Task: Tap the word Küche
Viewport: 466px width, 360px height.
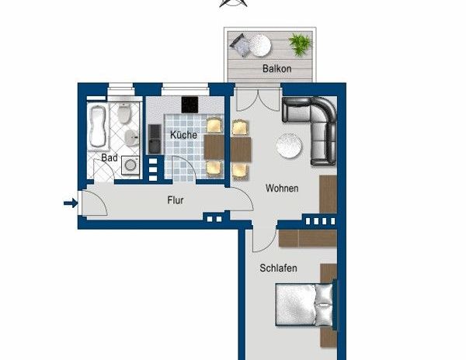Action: tap(183, 134)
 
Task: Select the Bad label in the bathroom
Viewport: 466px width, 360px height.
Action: tap(110, 157)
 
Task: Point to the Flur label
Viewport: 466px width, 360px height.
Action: tap(176, 200)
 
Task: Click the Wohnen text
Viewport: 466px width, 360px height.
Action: tap(282, 188)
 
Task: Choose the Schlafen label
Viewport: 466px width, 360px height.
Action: tap(279, 268)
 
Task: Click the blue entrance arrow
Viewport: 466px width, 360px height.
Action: tap(70, 204)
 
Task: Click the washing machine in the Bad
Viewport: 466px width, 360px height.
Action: tap(130, 167)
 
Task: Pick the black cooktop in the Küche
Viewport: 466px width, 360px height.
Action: tap(191, 103)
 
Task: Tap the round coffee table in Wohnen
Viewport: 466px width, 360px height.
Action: tap(290, 145)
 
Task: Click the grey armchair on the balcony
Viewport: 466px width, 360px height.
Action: tap(241, 47)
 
